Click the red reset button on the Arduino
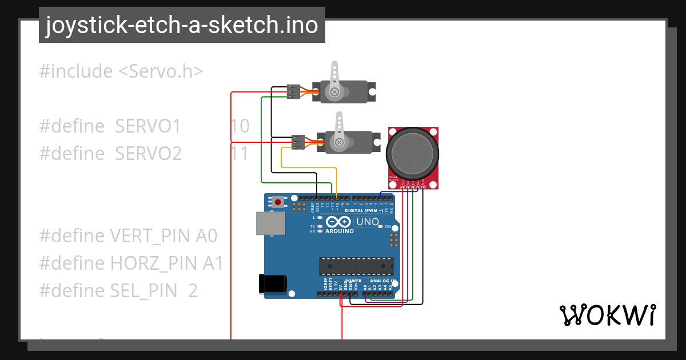278,202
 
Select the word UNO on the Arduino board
368,222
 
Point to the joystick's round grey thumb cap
413,151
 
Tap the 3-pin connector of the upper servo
293,91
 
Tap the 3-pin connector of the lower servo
298,142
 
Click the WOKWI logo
607,315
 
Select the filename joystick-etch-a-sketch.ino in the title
182,26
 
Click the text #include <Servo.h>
121,71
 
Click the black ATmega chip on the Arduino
356,266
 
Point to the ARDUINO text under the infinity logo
340,231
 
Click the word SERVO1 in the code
148,126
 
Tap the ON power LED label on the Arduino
387,227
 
